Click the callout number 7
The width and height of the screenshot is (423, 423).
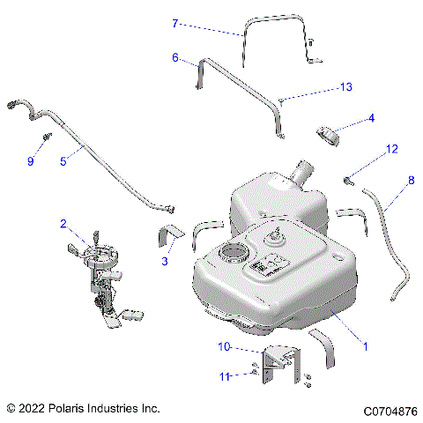(174, 23)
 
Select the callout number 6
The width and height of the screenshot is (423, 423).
(174, 58)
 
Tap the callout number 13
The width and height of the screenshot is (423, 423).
(346, 86)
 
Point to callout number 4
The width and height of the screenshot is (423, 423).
(371, 117)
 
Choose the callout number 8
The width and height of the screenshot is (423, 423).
(410, 181)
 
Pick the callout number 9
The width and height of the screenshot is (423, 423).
(30, 161)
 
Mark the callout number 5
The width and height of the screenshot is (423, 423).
(63, 161)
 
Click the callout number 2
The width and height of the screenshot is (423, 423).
(63, 224)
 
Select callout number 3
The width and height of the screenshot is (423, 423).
(164, 262)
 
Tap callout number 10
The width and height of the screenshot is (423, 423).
(224, 347)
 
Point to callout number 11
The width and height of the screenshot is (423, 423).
(224, 376)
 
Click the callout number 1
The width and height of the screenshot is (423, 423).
(366, 347)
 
